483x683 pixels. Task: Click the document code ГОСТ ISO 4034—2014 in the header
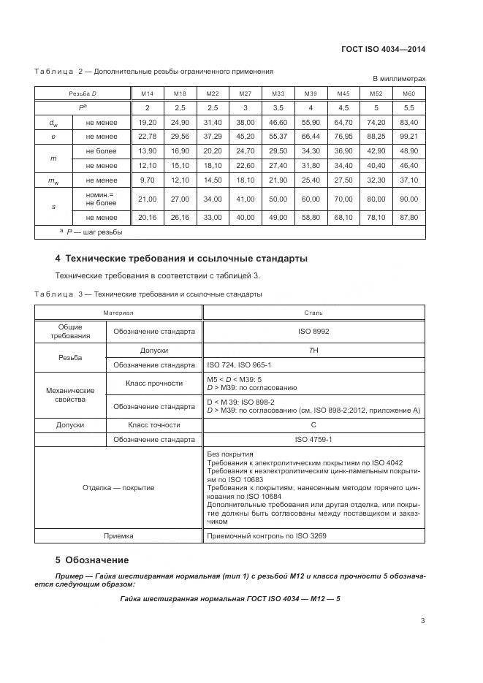(383, 50)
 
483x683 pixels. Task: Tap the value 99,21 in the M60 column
(409, 136)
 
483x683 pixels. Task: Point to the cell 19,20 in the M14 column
(148, 122)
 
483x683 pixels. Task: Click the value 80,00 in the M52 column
(376, 199)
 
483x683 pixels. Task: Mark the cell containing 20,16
(148, 217)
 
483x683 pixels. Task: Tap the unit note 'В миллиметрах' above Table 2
(399, 78)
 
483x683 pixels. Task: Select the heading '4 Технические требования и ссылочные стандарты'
(181, 259)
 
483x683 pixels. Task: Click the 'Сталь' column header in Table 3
(313, 312)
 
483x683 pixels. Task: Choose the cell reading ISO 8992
(313, 331)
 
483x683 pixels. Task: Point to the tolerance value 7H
(313, 351)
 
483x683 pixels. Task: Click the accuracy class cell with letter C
(313, 424)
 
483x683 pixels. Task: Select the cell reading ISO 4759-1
(313, 440)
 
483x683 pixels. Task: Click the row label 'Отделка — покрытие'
(118, 487)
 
